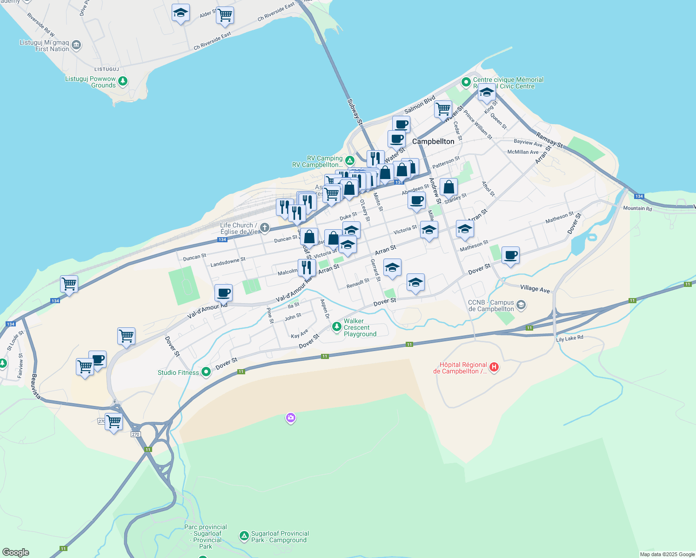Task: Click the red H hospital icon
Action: click(x=494, y=367)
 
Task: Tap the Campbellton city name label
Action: click(x=433, y=141)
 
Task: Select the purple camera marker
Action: click(x=291, y=418)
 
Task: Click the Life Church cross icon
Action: click(x=265, y=227)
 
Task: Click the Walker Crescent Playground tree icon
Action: click(x=336, y=327)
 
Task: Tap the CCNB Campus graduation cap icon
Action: click(x=521, y=305)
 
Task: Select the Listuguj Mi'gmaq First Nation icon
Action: click(x=77, y=45)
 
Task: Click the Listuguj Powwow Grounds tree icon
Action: click(x=123, y=82)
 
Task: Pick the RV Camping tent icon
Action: click(x=350, y=161)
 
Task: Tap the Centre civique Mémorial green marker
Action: click(x=466, y=82)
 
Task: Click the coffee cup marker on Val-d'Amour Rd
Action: click(x=223, y=293)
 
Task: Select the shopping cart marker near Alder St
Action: click(x=225, y=15)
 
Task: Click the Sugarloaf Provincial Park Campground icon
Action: click(x=244, y=536)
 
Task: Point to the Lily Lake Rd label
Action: click(x=569, y=339)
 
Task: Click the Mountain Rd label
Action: click(x=637, y=208)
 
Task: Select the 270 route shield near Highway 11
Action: click(x=135, y=434)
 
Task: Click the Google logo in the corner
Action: click(x=16, y=552)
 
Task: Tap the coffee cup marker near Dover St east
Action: click(x=510, y=255)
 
